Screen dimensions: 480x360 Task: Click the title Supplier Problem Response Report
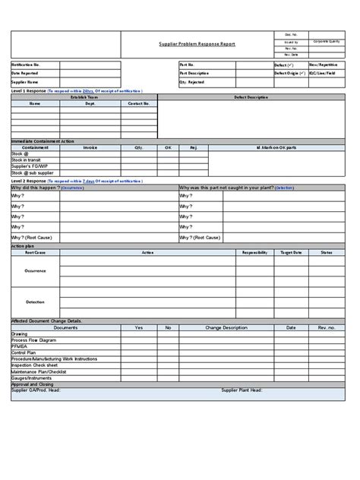[x=197, y=44]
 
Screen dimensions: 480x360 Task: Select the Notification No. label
[x=25, y=65]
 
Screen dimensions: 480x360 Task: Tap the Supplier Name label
[x=25, y=82]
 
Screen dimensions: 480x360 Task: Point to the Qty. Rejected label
[x=192, y=82]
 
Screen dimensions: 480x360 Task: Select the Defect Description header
[x=251, y=98]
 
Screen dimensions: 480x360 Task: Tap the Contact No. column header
[x=138, y=103]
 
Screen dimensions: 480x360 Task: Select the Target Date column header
[x=292, y=251]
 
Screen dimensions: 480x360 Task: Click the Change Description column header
[x=226, y=327]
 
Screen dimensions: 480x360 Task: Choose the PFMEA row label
[x=20, y=347]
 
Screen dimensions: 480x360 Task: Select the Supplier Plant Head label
[x=242, y=390]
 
